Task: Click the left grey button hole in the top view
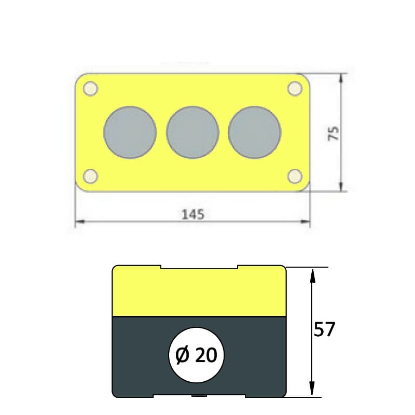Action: click(x=130, y=133)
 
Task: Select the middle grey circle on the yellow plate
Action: click(x=192, y=133)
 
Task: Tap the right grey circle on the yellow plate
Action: click(x=255, y=133)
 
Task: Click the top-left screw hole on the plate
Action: click(x=90, y=88)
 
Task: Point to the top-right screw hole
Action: click(x=295, y=88)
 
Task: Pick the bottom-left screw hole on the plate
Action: click(x=90, y=176)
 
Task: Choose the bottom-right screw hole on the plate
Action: click(x=295, y=176)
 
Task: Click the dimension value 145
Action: click(x=193, y=214)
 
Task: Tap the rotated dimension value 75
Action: click(x=333, y=133)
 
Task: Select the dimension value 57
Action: click(x=325, y=329)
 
